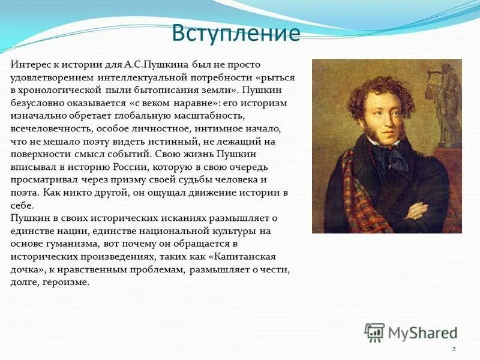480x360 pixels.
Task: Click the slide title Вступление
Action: click(235, 33)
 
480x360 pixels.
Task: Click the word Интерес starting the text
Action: click(30, 64)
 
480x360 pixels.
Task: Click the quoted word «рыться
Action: click(277, 77)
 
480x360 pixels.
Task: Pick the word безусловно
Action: click(39, 103)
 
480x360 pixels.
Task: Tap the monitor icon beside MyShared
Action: click(374, 332)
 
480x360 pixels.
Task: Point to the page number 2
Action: click(454, 349)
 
